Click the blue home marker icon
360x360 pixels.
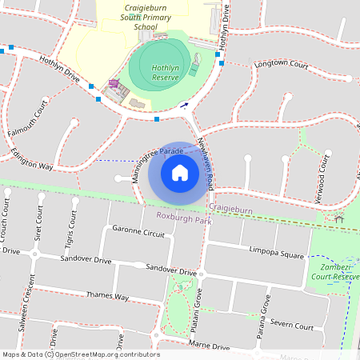pos(180,173)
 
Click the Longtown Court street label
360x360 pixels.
pos(281,64)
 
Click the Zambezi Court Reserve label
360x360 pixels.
pos(335,271)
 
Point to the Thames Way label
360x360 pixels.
pos(107,296)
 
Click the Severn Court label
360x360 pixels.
pos(291,325)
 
